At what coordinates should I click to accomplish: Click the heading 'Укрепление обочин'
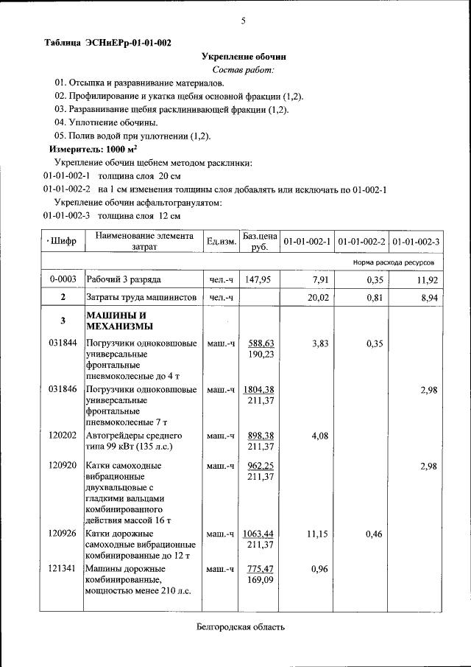[244, 56]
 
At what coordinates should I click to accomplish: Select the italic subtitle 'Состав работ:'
[243, 69]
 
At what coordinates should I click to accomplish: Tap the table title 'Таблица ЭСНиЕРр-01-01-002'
[107, 43]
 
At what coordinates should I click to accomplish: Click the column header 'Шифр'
[63, 242]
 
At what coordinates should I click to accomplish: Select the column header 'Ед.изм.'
[221, 242]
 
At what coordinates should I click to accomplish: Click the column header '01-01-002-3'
[416, 242]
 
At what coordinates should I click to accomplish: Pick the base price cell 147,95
[258, 279]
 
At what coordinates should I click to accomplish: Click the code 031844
[63, 343]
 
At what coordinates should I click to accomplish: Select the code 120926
[63, 534]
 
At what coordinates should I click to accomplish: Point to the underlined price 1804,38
[259, 389]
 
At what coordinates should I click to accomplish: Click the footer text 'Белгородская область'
[241, 627]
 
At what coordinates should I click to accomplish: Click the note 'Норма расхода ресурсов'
[394, 262]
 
